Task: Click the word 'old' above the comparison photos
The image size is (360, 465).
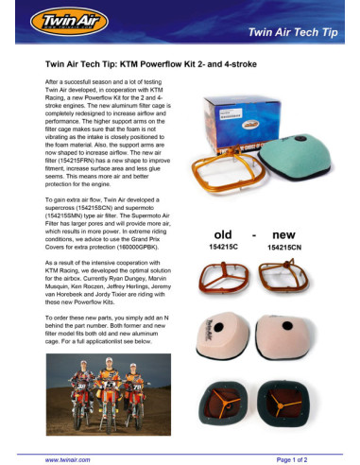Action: [223, 232]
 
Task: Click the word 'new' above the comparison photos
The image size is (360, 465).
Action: [283, 232]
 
